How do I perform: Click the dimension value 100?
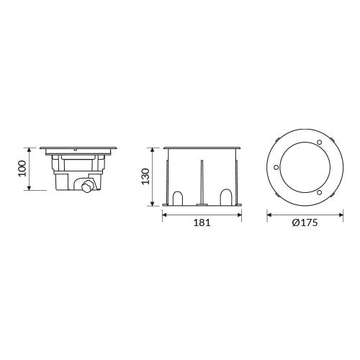click(x=22, y=168)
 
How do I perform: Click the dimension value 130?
click(x=145, y=176)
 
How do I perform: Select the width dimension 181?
click(x=202, y=223)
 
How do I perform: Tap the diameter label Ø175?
click(x=305, y=223)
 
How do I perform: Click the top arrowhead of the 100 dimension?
click(x=28, y=148)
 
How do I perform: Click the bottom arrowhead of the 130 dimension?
click(x=152, y=204)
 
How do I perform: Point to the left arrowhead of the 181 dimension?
click(x=163, y=214)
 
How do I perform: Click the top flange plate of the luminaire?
click(x=78, y=148)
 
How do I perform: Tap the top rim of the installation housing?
click(x=202, y=148)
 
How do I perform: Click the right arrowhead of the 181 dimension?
click(x=240, y=214)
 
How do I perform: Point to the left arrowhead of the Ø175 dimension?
click(x=268, y=214)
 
